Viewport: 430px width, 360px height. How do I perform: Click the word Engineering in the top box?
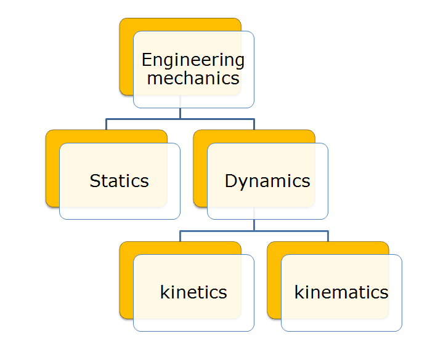tap(193, 60)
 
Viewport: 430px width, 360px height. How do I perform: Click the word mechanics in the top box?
tap(193, 79)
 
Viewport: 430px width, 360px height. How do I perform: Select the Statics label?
tap(119, 181)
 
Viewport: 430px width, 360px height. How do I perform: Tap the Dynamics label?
tap(267, 181)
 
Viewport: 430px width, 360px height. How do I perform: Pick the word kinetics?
tap(193, 292)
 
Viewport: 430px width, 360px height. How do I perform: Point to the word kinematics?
tap(341, 292)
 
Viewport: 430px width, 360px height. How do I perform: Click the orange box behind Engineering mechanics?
tap(126, 62)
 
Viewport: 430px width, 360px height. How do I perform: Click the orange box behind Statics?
tap(52, 172)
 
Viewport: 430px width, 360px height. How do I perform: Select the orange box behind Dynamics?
tap(200, 172)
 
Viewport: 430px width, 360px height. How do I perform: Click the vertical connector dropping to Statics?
tap(106, 124)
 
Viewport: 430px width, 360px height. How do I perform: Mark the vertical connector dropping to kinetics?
tap(180, 236)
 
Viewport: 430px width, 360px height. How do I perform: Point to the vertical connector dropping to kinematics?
tap(328, 236)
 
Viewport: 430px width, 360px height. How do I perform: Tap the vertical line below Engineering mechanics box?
tap(180, 113)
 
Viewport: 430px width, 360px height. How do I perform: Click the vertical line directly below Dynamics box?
tap(254, 225)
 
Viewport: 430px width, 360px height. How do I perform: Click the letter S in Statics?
tap(94, 181)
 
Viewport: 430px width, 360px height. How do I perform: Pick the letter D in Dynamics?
tap(230, 181)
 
